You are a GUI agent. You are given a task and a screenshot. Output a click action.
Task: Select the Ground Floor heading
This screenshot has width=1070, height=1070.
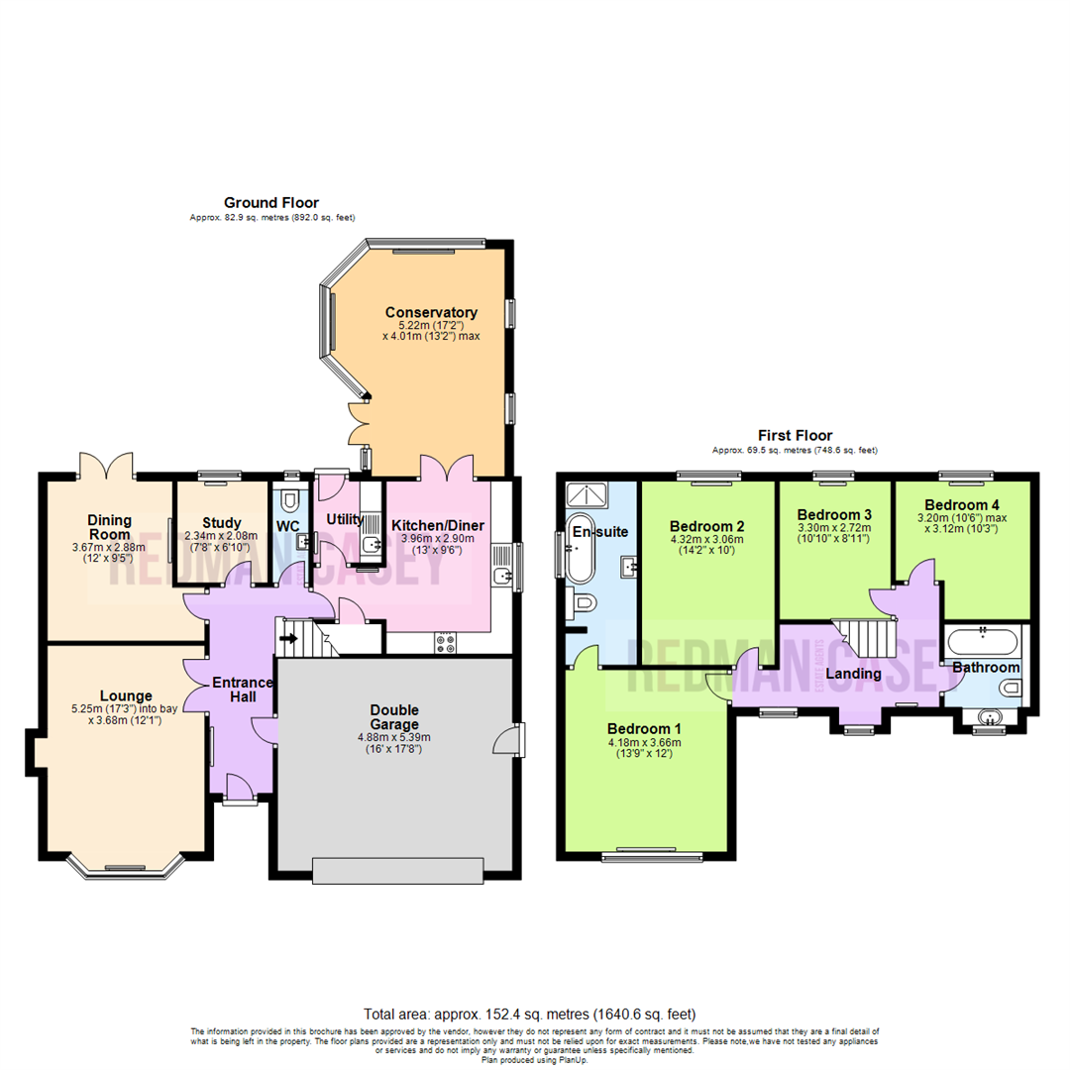270,202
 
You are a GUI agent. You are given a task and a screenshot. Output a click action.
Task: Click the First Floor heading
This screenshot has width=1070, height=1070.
795,435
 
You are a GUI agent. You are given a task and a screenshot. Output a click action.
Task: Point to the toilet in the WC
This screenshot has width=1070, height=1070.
290,498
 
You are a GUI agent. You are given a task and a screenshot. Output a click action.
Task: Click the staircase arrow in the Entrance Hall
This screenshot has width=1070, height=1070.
289,639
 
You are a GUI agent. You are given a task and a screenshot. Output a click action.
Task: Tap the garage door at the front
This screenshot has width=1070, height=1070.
398,869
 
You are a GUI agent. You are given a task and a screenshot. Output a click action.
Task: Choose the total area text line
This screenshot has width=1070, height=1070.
530,1014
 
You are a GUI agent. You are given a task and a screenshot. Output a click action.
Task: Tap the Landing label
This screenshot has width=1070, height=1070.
853,674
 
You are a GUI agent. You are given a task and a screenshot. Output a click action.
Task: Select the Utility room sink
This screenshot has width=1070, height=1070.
371,544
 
